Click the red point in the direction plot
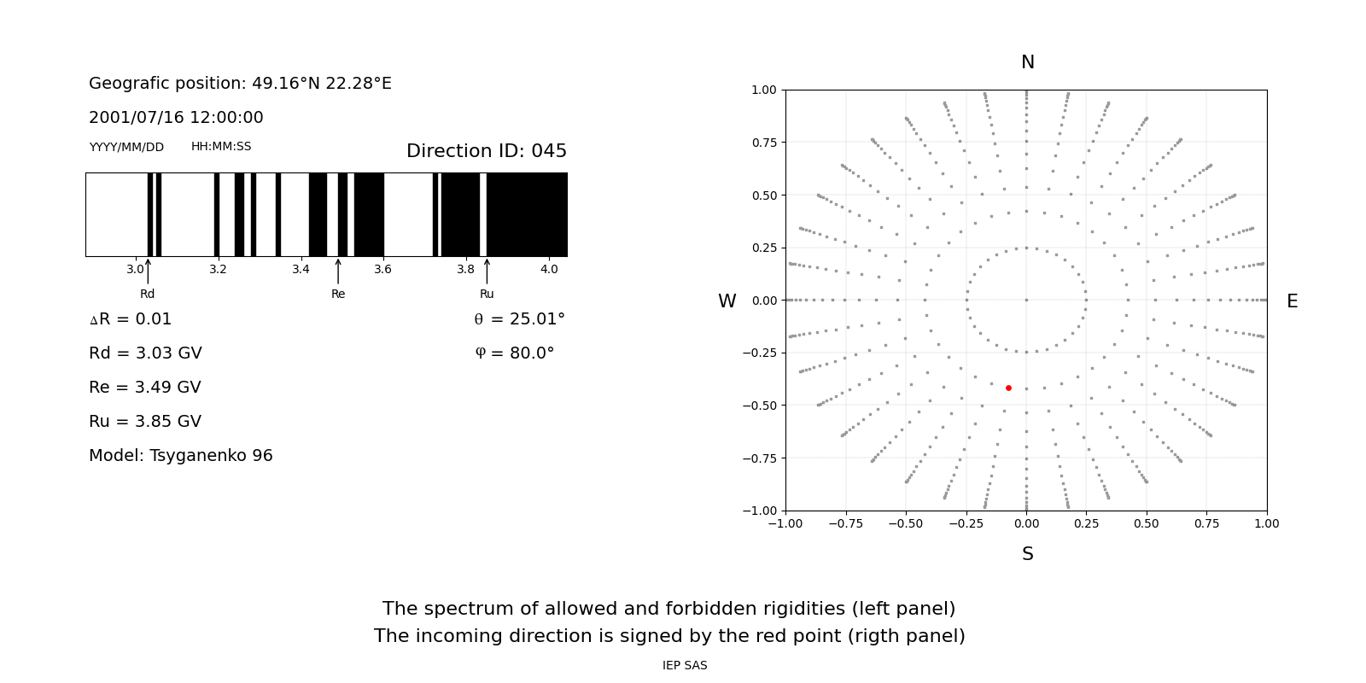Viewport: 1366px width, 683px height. point(1008,388)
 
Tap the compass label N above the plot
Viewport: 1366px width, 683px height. point(1027,62)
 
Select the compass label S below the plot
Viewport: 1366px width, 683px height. point(1027,554)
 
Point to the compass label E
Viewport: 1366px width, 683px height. point(1292,301)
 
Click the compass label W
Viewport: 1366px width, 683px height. point(727,301)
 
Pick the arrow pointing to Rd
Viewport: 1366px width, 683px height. point(148,271)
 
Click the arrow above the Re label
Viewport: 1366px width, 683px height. point(338,271)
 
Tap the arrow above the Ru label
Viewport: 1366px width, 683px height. point(487,271)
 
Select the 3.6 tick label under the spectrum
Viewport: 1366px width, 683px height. point(382,270)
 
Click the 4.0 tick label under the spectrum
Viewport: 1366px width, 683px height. point(548,270)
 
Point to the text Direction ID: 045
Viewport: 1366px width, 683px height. point(486,151)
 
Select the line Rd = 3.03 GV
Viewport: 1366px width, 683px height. point(145,353)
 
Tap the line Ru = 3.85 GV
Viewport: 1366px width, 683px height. point(145,422)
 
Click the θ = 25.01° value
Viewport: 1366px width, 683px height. point(519,319)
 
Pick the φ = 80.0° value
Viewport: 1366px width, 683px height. point(514,353)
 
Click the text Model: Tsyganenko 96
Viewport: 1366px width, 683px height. point(180,456)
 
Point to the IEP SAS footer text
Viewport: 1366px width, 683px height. point(684,666)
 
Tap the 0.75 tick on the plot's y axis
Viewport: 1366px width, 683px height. point(763,143)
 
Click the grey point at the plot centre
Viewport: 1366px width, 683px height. point(1026,300)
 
